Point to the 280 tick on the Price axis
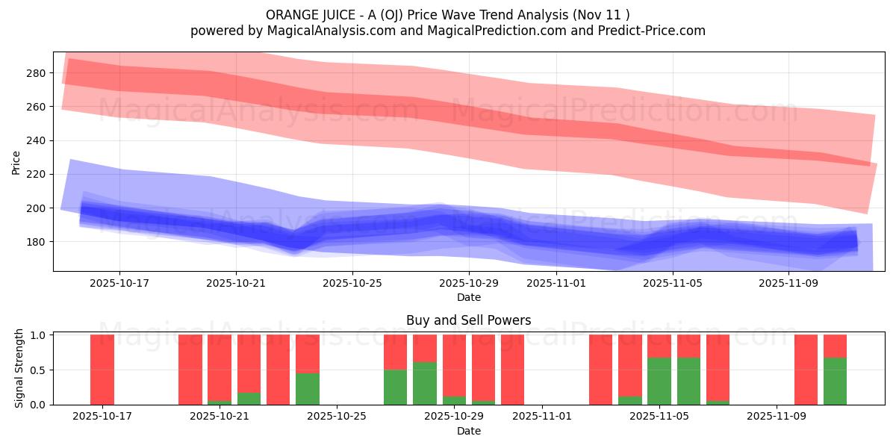(x=37, y=73)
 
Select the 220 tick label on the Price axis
(x=37, y=174)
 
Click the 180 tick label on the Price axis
(x=37, y=242)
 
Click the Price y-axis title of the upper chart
(x=16, y=162)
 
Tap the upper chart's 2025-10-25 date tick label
(x=352, y=283)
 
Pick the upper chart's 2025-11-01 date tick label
(x=556, y=283)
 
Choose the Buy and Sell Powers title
(x=468, y=320)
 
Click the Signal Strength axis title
(x=19, y=370)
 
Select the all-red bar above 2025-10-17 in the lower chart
(x=102, y=370)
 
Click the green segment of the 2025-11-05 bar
(x=659, y=381)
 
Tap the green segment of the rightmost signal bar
(x=835, y=381)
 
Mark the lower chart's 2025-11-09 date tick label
(x=777, y=417)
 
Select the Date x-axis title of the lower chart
(x=468, y=431)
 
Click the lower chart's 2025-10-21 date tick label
(x=220, y=417)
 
